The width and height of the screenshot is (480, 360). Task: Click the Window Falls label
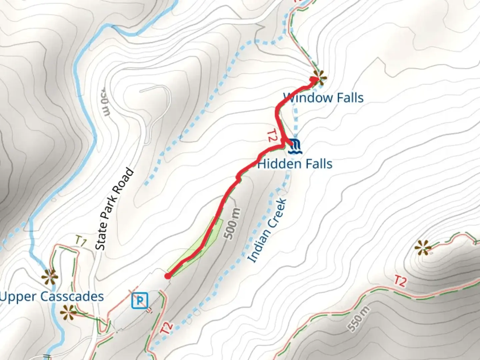[323, 98]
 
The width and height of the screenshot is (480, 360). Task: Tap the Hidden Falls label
[295, 164]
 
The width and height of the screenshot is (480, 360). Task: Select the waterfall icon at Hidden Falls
[295, 146]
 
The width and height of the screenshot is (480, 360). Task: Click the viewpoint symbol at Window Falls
[319, 78]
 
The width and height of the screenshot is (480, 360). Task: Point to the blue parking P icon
[140, 300]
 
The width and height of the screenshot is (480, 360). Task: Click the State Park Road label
[114, 209]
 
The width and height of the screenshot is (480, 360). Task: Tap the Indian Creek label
[267, 230]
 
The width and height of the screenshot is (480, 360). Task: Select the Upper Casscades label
[52, 296]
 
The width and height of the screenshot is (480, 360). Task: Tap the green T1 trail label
[81, 241]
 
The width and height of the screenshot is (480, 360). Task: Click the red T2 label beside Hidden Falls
[272, 136]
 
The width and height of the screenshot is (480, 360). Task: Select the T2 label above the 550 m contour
[400, 281]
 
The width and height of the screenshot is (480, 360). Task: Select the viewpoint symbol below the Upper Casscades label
[68, 312]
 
